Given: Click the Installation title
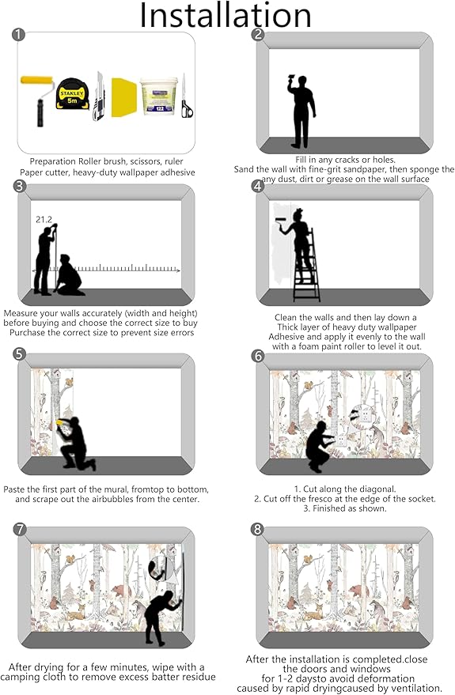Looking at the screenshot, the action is [226, 15].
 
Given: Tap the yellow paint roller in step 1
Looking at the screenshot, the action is [37, 100].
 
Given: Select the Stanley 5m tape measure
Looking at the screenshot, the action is [72, 94].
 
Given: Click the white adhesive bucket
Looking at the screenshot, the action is [159, 96].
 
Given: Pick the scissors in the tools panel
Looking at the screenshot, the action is [186, 96].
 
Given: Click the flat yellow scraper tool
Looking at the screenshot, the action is [123, 97].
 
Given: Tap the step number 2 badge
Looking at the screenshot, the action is [258, 34].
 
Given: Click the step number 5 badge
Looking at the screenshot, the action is [20, 353].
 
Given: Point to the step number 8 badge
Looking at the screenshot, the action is [258, 529].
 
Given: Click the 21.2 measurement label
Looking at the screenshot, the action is [44, 219].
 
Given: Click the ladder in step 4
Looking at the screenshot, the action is [306, 265].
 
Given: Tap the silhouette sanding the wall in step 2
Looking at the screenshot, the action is [301, 111].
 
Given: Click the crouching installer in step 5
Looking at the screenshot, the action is [75, 443].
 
